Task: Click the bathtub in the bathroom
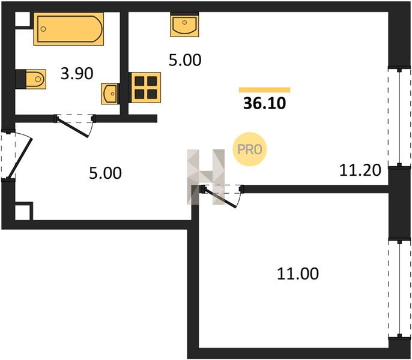click(x=68, y=29)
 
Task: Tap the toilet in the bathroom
click(x=31, y=79)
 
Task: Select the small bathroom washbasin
click(x=110, y=94)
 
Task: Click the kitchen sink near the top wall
click(x=184, y=25)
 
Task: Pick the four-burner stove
click(x=145, y=88)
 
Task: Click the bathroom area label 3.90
click(x=77, y=73)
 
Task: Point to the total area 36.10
click(x=264, y=103)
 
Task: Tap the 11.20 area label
click(x=360, y=170)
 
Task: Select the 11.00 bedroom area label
click(x=298, y=274)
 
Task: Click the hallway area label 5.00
click(x=105, y=173)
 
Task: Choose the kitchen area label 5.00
click(x=185, y=60)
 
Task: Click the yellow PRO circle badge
click(x=250, y=149)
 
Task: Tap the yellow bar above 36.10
click(x=264, y=90)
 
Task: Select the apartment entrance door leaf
click(x=19, y=158)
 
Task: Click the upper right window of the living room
click(x=399, y=118)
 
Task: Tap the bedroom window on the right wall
click(x=399, y=289)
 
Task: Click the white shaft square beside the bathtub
click(x=22, y=19)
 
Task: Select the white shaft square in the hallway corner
click(x=22, y=212)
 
